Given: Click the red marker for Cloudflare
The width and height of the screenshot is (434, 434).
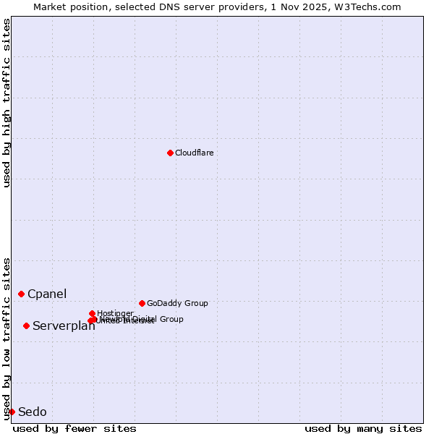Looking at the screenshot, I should (170, 153).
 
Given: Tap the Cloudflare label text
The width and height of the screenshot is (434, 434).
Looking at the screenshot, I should (194, 153).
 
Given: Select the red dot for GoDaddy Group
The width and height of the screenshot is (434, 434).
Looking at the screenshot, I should (142, 303).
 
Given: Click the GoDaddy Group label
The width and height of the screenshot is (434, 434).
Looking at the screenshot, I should (177, 303).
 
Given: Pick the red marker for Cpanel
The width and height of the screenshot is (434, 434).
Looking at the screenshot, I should (21, 294).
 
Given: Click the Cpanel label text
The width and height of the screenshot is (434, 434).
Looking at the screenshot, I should (47, 294).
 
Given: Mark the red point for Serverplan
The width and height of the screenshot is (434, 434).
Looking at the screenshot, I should (26, 325).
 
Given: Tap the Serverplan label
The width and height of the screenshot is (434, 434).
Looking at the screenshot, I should (64, 326).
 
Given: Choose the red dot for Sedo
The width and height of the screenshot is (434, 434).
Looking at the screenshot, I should (12, 412).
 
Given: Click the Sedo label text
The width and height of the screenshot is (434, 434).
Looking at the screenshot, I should (33, 412).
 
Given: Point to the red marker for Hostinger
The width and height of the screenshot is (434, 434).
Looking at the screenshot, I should (92, 313).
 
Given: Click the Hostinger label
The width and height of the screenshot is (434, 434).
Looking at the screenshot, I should (115, 313).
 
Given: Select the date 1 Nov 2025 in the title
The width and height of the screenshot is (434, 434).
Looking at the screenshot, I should (299, 7).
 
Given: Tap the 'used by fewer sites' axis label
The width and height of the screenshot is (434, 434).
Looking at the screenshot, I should (75, 428).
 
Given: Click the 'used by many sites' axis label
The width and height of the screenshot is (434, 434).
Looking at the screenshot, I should (363, 428).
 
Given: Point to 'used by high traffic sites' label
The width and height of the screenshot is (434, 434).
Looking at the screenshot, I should (7, 103).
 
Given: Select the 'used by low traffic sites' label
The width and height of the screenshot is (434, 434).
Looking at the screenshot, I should (7, 338).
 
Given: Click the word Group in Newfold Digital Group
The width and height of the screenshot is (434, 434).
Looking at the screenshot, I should (171, 319).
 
